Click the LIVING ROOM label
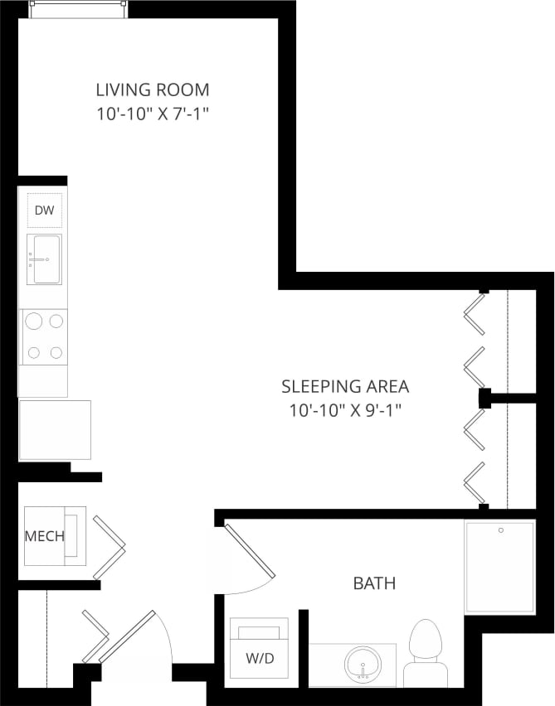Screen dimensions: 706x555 [152, 89]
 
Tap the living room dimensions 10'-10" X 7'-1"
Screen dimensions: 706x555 [152, 114]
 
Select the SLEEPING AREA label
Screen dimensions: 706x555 [345, 386]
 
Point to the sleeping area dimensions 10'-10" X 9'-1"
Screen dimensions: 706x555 [345, 409]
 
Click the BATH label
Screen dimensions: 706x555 [374, 583]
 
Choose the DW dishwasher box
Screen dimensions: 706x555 [44, 210]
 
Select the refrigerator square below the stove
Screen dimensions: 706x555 [54, 429]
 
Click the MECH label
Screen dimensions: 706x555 [44, 536]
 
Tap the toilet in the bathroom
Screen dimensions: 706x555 [426, 650]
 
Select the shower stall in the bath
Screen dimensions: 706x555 [500, 568]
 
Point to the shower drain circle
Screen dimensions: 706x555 [501, 529]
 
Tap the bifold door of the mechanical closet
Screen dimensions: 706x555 [110, 546]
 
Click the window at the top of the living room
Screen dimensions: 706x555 [78, 7]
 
